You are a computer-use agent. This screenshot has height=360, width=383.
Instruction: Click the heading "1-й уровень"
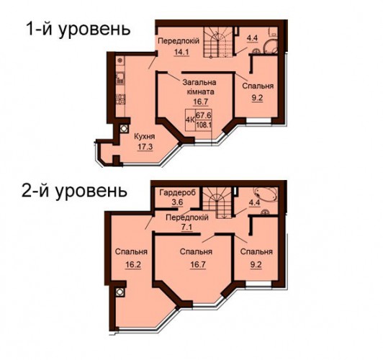pos(78,30)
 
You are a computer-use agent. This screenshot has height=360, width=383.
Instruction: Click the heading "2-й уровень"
pos(74,192)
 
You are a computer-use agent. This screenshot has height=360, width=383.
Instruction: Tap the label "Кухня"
pos(145,137)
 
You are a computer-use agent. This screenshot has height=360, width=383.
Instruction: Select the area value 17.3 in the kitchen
pos(145,147)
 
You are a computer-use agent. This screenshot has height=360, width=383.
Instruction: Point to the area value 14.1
pos(181,52)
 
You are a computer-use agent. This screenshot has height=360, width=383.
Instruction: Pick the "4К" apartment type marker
pos(190,120)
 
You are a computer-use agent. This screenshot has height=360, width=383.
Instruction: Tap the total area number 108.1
pos(204,125)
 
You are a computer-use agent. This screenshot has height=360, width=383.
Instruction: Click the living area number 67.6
pos(204,114)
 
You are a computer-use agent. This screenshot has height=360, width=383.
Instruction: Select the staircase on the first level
pos(218,42)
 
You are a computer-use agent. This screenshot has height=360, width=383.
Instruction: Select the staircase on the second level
pos(217,202)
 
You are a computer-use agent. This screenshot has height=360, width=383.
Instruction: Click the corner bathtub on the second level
pos(266,194)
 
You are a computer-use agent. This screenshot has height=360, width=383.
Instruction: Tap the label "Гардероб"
pos(178,193)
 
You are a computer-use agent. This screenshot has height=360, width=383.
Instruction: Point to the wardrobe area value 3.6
pos(178,203)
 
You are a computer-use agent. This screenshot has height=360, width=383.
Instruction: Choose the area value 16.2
pos(132,264)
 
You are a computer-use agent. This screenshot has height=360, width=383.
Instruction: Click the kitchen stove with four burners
pos(120,99)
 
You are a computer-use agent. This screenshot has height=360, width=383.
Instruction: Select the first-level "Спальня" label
pos(258,86)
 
